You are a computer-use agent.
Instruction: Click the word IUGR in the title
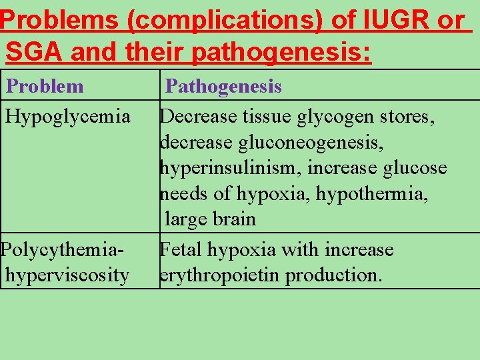tap(399, 20)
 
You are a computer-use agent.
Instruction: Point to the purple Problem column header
tap(45, 86)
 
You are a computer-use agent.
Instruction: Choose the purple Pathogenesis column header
tap(223, 86)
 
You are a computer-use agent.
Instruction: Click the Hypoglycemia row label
tap(68, 117)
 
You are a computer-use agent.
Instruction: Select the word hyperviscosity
tap(67, 275)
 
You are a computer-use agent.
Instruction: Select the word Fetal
tap(181, 249)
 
